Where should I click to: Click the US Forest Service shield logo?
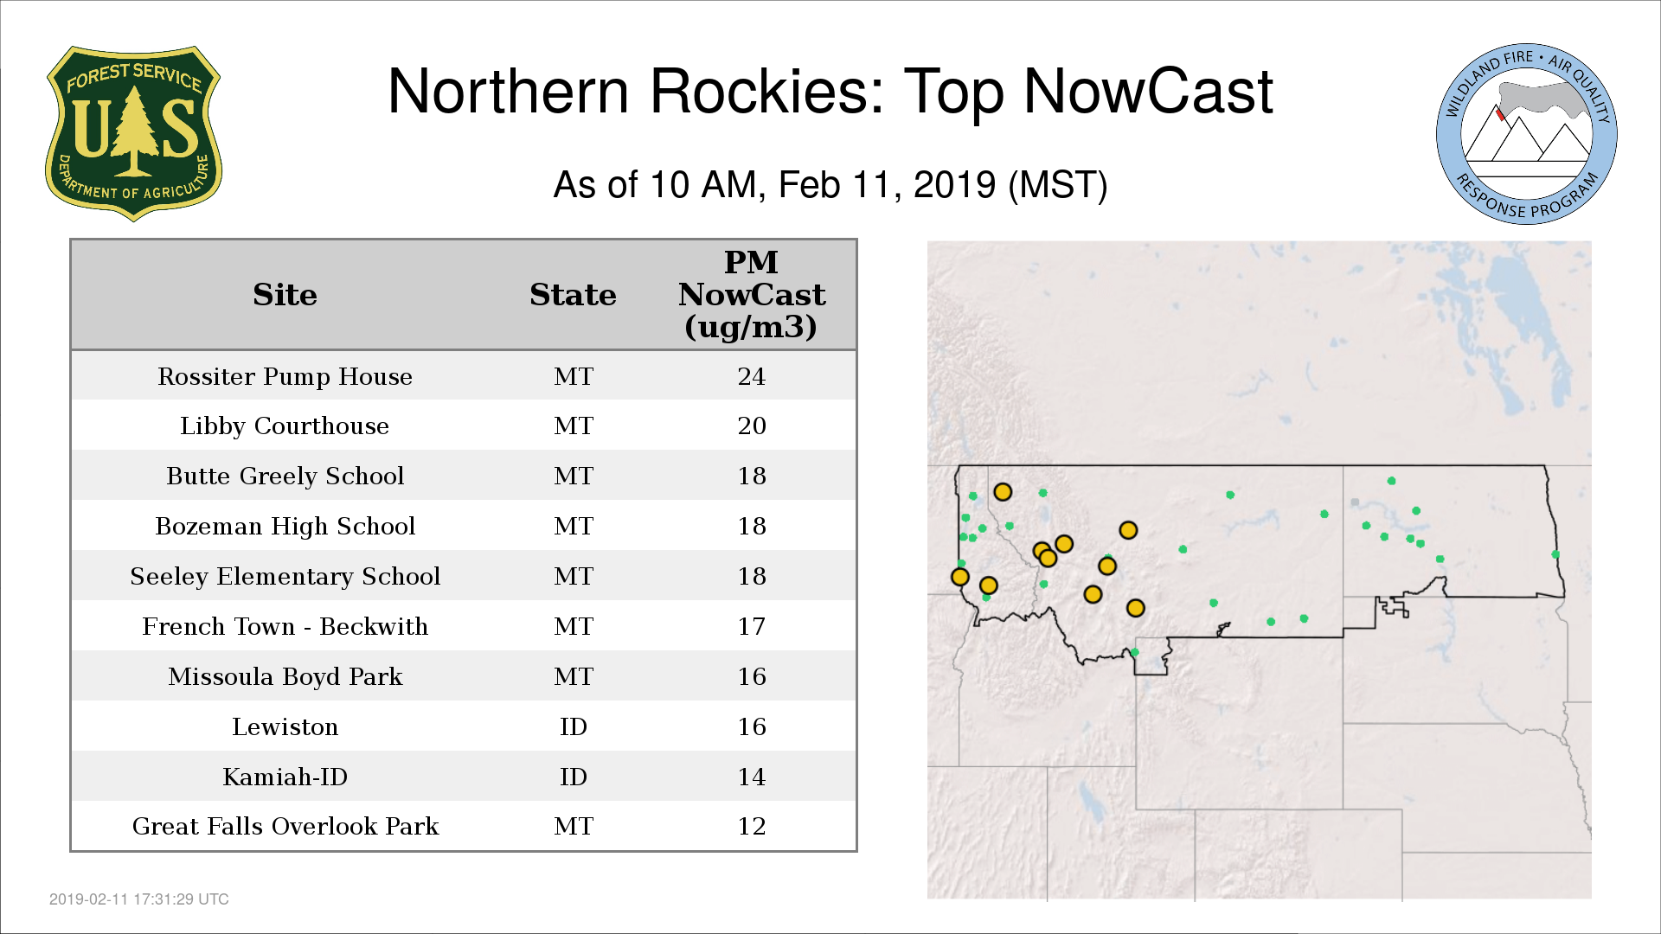133,133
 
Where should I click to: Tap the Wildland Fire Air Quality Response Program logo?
1527,134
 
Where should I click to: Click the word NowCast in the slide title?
1148,92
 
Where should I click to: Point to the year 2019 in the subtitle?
954,185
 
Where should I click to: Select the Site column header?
285,295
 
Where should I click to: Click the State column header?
573,295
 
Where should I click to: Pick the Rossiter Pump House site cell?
285,377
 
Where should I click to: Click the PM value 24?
752,376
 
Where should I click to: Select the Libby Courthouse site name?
285,426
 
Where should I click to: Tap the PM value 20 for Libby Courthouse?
752,425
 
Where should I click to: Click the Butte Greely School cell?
285,477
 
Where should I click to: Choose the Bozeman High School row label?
285,527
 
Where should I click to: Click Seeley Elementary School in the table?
285,577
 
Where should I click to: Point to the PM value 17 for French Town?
752,626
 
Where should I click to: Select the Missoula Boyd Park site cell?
285,677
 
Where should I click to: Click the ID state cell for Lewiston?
573,726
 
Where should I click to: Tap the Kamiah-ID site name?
285,777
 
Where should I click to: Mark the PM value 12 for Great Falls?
752,826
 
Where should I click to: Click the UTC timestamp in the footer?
139,899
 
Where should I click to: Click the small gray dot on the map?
1355,502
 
